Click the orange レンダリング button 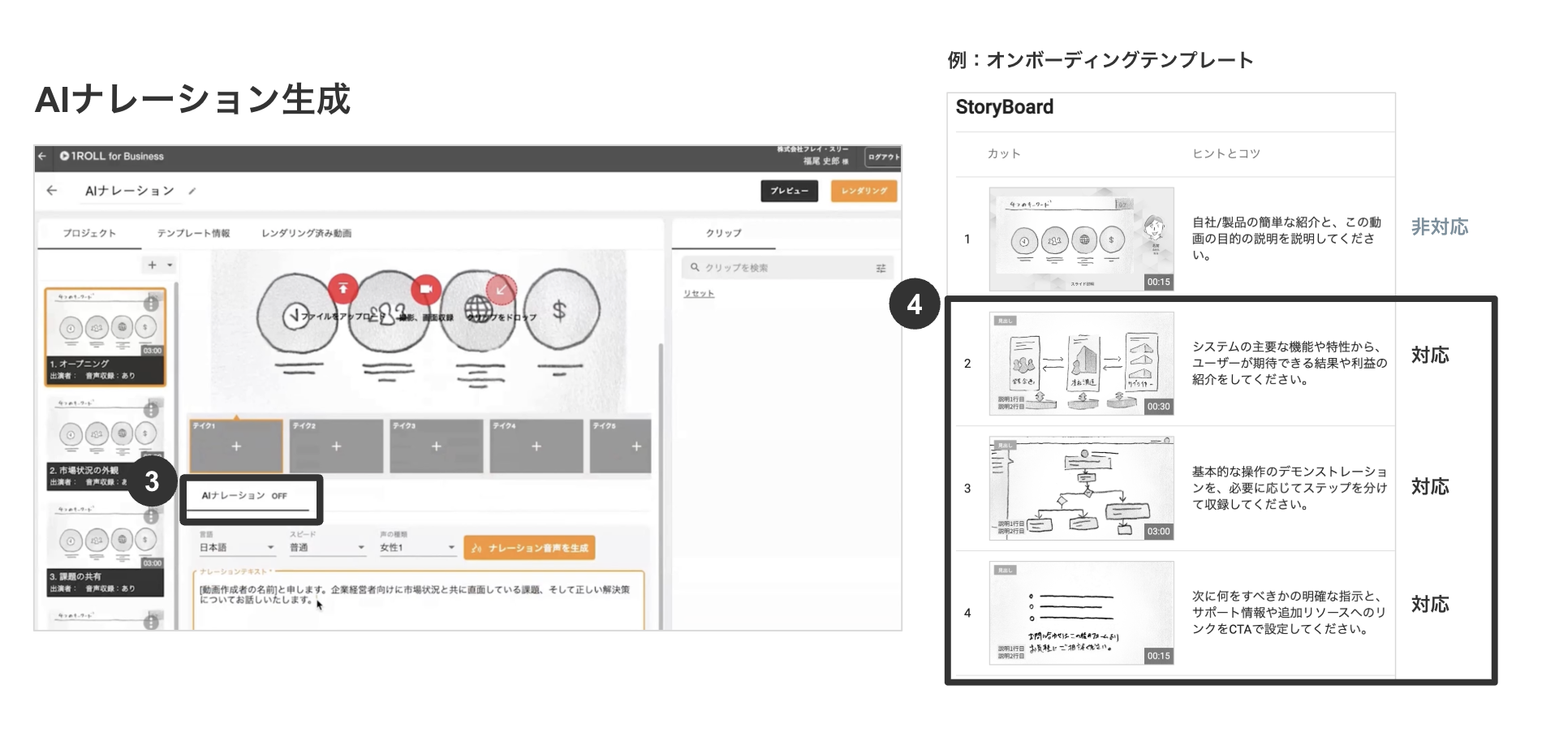pos(864,191)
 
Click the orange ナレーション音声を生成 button pos(529,548)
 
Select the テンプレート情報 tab pos(193,233)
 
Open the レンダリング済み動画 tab pos(306,233)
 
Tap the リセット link pos(698,293)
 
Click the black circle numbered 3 pos(152,481)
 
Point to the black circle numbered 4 pos(915,304)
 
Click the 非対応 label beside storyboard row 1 pos(1439,227)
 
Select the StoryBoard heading pos(1004,107)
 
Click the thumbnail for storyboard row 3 pos(1081,488)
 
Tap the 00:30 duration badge pos(1158,407)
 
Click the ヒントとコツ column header pos(1225,153)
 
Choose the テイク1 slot pos(236,446)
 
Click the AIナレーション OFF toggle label pos(244,496)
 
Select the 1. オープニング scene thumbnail pos(106,336)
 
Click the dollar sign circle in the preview pos(560,310)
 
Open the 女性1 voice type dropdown pos(417,548)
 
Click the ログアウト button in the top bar pos(883,157)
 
